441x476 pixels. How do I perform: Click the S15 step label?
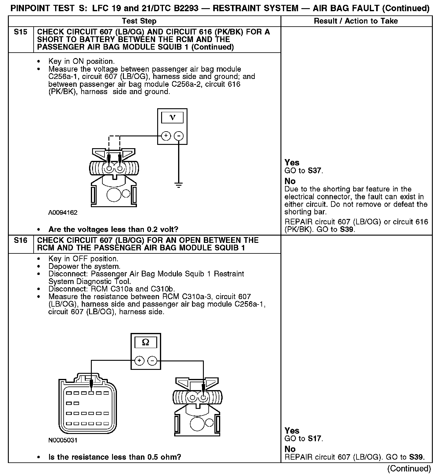point(20,32)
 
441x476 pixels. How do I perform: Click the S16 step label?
point(20,240)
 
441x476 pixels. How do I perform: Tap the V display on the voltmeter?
point(172,118)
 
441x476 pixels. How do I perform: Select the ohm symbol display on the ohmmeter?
point(146,342)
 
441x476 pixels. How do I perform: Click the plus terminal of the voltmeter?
point(166,136)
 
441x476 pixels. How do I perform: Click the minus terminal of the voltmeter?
point(179,136)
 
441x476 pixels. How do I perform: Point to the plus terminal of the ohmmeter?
point(139,360)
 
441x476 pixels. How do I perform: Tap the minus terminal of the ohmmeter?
point(152,360)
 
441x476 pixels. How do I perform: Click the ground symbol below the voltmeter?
point(179,185)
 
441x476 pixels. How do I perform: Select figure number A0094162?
point(63,213)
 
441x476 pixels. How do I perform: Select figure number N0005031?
point(63,440)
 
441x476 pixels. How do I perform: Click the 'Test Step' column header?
point(139,21)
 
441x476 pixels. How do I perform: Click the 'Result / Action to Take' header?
point(356,21)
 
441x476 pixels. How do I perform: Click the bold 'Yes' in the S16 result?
point(292,431)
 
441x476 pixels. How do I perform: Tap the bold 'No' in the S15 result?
point(290,181)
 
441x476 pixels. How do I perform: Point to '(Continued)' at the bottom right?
point(409,468)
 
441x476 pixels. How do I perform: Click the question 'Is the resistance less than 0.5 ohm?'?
point(114,457)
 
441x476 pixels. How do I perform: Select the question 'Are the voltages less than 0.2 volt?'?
point(113,229)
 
